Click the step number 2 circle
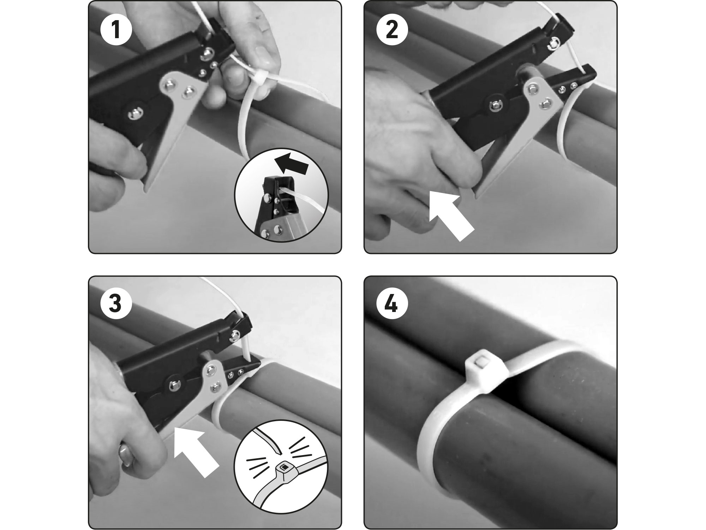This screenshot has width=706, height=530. (x=392, y=30)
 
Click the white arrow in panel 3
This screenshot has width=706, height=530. (x=196, y=452)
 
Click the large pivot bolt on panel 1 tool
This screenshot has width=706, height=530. (x=136, y=114)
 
